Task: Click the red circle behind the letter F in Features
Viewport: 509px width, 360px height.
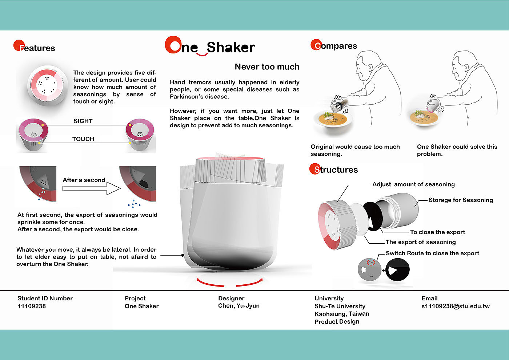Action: [x=19, y=45]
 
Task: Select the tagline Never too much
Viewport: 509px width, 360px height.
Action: [x=267, y=67]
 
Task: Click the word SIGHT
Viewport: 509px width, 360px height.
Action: [x=83, y=121]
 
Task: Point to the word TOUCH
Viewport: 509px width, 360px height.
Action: [x=83, y=139]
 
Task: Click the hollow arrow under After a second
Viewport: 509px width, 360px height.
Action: [x=91, y=188]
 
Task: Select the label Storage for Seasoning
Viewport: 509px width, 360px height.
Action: [x=461, y=200]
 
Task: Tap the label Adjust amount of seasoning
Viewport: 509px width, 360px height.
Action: [x=414, y=184]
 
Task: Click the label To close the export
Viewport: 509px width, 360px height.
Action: [x=438, y=232]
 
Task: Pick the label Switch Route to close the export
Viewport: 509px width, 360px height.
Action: [x=432, y=253]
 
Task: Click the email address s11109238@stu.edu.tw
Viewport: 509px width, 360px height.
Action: [x=456, y=306]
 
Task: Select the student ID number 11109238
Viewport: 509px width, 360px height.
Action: [x=32, y=306]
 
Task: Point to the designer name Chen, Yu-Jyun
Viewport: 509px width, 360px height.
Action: [x=239, y=306]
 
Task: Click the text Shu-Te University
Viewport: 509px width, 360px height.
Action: [x=340, y=306]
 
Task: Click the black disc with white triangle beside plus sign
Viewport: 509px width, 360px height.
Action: [x=397, y=270]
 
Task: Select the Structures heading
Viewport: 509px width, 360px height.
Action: [x=334, y=169]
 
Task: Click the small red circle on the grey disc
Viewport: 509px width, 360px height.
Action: [x=370, y=262]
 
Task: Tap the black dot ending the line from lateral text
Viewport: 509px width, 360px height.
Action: [x=183, y=255]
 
